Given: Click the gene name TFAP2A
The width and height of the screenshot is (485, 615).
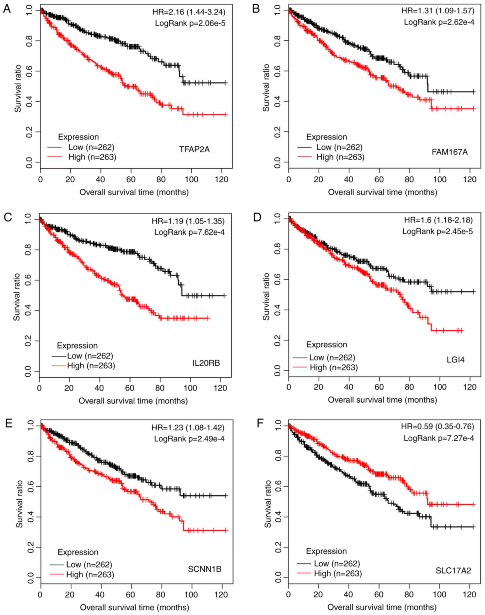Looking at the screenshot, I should [x=194, y=149].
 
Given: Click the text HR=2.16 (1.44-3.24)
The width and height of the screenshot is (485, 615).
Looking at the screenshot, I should [x=189, y=12].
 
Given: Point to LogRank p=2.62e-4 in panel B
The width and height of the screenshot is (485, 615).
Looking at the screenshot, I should [x=439, y=22].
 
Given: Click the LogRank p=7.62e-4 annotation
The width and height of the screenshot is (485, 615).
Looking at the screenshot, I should [x=190, y=232].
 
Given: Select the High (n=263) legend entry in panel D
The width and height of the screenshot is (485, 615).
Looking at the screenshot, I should [x=334, y=367].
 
